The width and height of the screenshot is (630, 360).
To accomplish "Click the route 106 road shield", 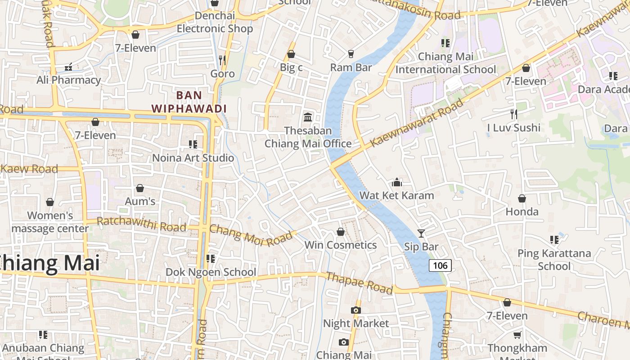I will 440,265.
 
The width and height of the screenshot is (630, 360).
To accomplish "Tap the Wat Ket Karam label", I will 396,195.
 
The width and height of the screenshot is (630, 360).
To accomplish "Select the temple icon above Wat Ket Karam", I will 396,182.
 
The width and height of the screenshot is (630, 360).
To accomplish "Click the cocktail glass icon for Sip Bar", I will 421,233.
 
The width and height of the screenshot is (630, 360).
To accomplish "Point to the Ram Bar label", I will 351,67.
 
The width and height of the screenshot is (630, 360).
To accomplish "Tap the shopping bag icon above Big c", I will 291,54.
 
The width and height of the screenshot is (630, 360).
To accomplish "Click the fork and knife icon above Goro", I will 222,60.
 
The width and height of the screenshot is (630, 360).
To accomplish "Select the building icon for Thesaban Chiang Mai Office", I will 308,117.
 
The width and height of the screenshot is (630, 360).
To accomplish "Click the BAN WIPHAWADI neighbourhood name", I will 189,102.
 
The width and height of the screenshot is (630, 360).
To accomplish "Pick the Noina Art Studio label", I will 193,158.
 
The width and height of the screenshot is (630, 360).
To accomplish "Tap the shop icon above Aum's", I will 140,188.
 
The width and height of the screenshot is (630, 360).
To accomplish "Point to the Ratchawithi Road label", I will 141,224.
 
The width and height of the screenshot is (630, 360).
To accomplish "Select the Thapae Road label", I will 359,283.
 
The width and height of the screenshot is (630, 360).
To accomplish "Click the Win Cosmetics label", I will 341,245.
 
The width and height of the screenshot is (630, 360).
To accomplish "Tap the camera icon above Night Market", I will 356,310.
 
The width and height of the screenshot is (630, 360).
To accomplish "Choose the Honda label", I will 522,211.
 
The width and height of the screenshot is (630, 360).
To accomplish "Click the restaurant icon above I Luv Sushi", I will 514,114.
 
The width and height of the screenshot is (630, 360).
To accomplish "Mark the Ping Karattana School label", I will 554,260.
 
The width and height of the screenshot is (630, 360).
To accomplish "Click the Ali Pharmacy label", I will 69,80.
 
